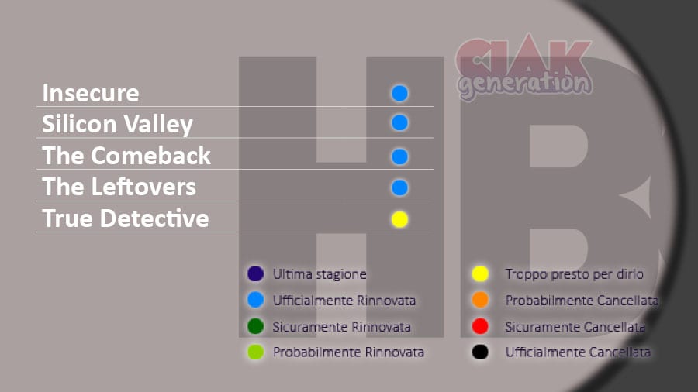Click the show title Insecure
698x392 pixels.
pyautogui.click(x=91, y=93)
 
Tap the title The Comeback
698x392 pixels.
pyautogui.click(x=126, y=156)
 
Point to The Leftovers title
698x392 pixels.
pyautogui.click(x=119, y=187)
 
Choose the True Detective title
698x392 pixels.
pyautogui.click(x=126, y=218)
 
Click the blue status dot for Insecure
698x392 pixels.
pyautogui.click(x=399, y=93)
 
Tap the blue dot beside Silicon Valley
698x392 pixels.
pyautogui.click(x=399, y=122)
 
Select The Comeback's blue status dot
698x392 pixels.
pyautogui.click(x=399, y=156)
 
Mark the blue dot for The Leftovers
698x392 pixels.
pyautogui.click(x=399, y=187)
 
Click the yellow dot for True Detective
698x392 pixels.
pyautogui.click(x=399, y=219)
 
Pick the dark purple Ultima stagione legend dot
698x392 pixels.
pyautogui.click(x=255, y=273)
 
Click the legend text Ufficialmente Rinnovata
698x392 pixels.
pyautogui.click(x=344, y=301)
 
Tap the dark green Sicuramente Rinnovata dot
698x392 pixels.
pyautogui.click(x=255, y=326)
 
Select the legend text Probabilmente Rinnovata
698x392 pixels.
pyautogui.click(x=348, y=352)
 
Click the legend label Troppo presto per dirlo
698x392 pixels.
pyautogui.click(x=574, y=274)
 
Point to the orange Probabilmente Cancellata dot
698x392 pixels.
pyautogui.click(x=480, y=300)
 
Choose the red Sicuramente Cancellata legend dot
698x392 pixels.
pyautogui.click(x=480, y=326)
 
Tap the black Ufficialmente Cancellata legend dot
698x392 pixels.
pyautogui.click(x=480, y=352)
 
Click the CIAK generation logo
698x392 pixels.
pyautogui.click(x=524, y=67)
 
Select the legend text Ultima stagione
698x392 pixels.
pyautogui.click(x=320, y=274)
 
